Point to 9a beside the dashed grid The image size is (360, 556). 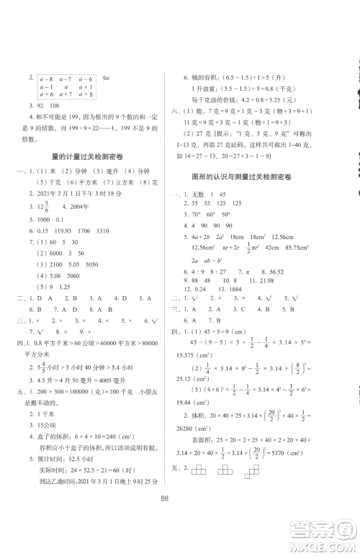pyautogui.click(x=106, y=76)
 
